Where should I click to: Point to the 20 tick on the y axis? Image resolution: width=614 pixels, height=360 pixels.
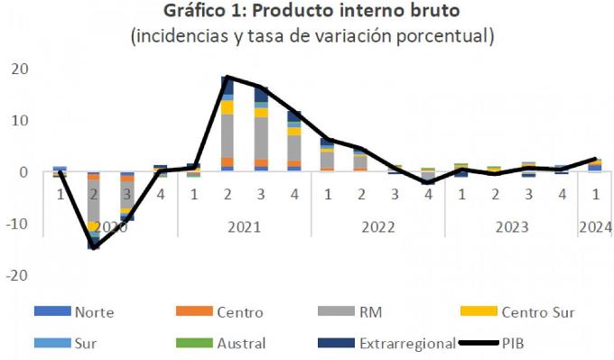[x=19, y=69]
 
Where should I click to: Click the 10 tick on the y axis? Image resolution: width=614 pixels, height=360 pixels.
[x=19, y=121]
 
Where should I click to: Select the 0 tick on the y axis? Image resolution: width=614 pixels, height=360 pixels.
[x=23, y=172]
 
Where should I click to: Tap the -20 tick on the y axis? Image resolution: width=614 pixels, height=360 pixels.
[x=17, y=274]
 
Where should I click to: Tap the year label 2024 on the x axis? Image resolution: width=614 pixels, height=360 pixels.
[x=595, y=226]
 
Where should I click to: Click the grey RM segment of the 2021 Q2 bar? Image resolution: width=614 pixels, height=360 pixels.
[x=228, y=135]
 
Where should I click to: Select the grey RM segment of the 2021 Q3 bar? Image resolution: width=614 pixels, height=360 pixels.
[x=261, y=137]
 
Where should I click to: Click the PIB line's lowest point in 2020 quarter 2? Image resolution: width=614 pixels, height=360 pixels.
[x=94, y=246]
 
